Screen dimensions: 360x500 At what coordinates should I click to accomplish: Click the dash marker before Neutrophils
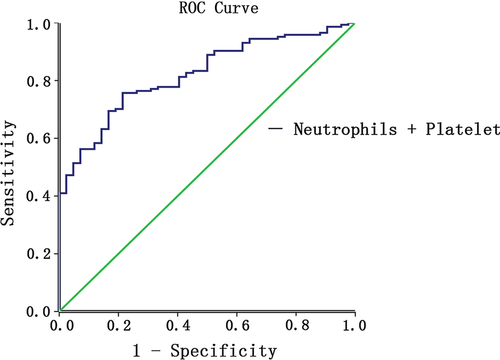point(276,129)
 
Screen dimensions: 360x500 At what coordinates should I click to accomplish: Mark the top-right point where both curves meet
point(354,24)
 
